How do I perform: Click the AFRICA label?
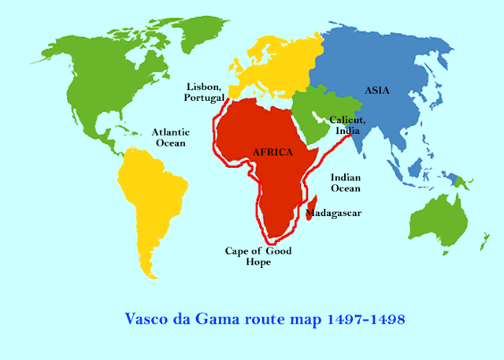[273, 151]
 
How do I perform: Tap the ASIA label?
[376, 91]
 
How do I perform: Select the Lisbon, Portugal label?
[204, 91]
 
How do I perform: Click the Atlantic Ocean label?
[169, 138]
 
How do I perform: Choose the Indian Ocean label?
[345, 183]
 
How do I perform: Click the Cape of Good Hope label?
[258, 256]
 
